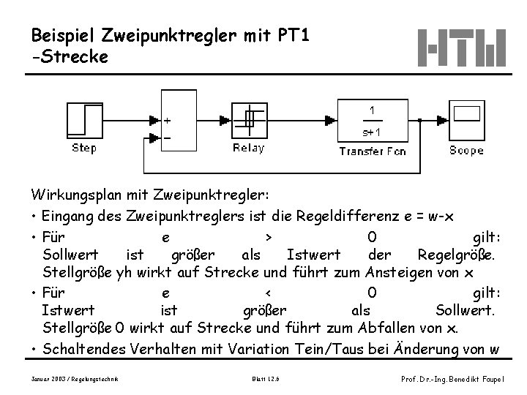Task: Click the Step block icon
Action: click(84, 120)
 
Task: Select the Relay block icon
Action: click(249, 120)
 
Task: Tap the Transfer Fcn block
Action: click(372, 121)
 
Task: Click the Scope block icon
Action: click(466, 120)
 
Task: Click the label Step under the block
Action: click(84, 149)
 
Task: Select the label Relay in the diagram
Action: click(249, 149)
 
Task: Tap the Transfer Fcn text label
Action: click(372, 151)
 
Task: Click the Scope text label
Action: click(466, 151)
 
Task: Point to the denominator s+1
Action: click(372, 132)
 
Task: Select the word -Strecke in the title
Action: click(70, 56)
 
